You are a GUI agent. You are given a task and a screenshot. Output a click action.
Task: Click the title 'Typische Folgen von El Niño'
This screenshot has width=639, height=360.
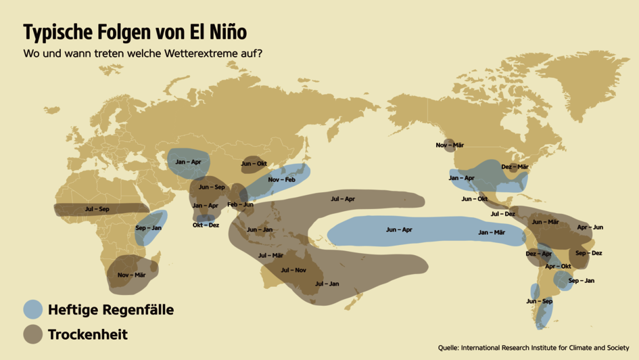click(x=135, y=32)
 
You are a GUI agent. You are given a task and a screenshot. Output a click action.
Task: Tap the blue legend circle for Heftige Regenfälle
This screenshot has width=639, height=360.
click(x=33, y=310)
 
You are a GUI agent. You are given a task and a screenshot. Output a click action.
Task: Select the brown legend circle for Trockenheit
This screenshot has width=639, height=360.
click(x=33, y=334)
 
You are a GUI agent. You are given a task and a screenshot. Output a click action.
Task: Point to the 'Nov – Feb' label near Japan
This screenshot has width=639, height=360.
click(x=281, y=179)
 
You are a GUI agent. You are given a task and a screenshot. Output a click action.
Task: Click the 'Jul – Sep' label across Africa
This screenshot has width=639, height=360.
click(x=97, y=209)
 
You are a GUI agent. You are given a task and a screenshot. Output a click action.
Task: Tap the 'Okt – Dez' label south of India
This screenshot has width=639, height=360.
click(x=206, y=225)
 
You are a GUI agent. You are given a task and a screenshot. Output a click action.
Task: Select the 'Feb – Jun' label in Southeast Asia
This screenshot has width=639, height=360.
click(x=240, y=204)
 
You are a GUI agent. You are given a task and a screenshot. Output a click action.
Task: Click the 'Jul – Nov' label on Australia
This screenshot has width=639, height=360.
click(x=293, y=270)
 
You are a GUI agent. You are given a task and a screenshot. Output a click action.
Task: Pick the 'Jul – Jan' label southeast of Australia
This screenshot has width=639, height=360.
click(x=327, y=284)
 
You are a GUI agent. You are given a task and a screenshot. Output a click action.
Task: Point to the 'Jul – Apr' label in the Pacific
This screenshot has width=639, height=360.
click(x=343, y=199)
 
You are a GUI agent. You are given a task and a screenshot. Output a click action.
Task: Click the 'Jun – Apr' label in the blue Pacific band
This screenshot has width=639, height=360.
click(x=399, y=230)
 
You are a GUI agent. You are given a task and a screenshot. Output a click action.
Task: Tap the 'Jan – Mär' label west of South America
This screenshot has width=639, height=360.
click(x=492, y=232)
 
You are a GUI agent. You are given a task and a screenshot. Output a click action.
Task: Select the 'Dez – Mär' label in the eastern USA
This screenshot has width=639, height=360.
click(x=515, y=166)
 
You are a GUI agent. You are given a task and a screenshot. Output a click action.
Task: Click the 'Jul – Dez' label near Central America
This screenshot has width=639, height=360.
click(x=502, y=214)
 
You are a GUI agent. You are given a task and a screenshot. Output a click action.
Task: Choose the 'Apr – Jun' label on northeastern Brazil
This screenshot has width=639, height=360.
click(x=590, y=227)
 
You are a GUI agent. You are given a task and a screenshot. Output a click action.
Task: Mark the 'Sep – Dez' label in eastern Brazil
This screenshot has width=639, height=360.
click(x=588, y=253)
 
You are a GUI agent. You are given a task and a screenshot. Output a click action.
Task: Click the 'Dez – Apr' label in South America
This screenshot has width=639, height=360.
click(x=539, y=254)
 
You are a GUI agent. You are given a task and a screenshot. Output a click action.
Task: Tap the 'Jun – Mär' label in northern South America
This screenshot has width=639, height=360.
click(x=545, y=222)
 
